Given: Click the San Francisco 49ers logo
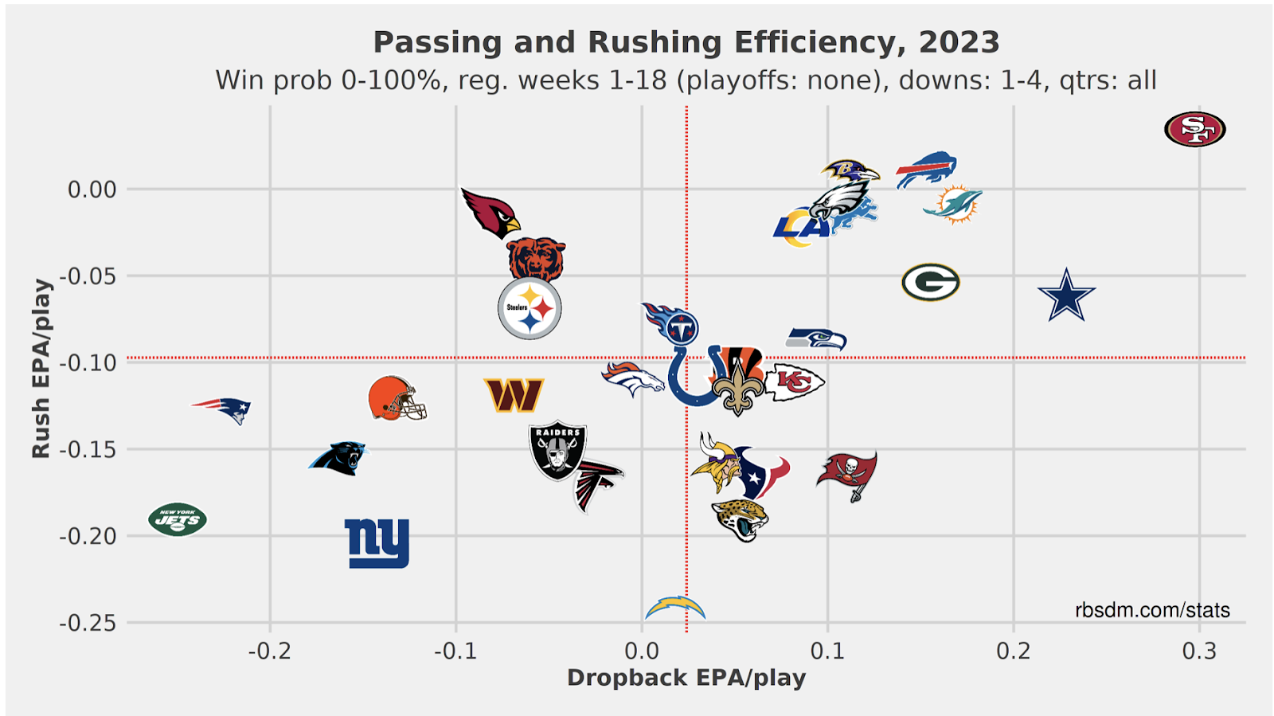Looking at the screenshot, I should click(x=1194, y=129).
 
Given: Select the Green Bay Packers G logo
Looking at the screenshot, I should click(x=930, y=282).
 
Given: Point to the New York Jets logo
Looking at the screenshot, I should click(x=178, y=520).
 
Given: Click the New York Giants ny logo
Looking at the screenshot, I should click(x=377, y=543).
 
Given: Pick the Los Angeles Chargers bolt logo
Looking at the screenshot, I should click(x=675, y=608).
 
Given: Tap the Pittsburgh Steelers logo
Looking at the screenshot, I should click(x=530, y=308).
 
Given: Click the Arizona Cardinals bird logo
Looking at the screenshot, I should click(x=490, y=213).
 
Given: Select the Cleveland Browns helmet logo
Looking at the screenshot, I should click(x=396, y=398).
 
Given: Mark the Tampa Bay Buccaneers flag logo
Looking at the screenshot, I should click(x=847, y=474).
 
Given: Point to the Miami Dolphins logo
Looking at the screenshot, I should click(x=952, y=204).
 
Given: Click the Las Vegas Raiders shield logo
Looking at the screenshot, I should click(x=557, y=450).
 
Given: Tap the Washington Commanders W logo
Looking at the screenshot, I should click(x=514, y=395).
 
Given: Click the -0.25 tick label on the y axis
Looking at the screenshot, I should click(x=87, y=623).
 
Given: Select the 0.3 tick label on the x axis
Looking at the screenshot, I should click(x=1199, y=651).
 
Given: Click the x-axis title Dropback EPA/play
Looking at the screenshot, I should click(x=686, y=678).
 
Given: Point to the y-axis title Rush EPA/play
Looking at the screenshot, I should click(x=41, y=368).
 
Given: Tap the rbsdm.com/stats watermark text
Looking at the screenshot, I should click(x=1151, y=610).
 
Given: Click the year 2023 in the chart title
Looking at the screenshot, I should click(x=959, y=42).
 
